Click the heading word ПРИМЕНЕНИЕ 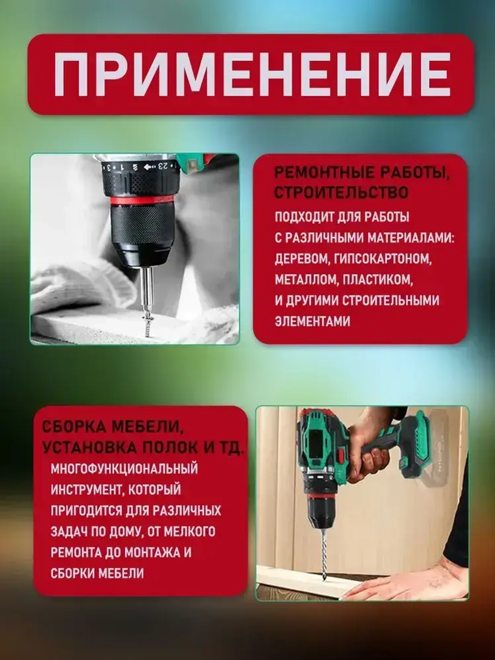click(x=252, y=74)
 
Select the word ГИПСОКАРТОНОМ click(x=379, y=259)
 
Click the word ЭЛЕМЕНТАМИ click(x=312, y=321)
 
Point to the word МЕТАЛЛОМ click(x=307, y=280)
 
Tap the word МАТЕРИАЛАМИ click(x=410, y=239)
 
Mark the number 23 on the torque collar click(x=165, y=166)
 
